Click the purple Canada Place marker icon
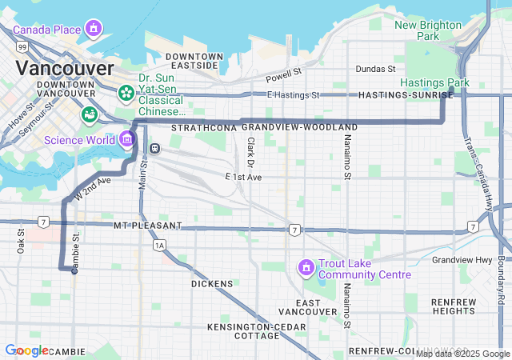click(94, 30)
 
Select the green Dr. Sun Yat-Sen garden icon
click(126, 94)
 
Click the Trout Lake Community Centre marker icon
click(305, 266)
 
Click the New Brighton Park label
click(428, 30)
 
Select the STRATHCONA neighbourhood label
click(204, 127)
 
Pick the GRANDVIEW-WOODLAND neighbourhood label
click(299, 127)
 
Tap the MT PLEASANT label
click(147, 226)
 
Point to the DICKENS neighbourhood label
click(212, 284)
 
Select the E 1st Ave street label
click(243, 176)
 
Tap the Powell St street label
click(284, 74)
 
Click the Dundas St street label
click(375, 70)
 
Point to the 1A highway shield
click(159, 245)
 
